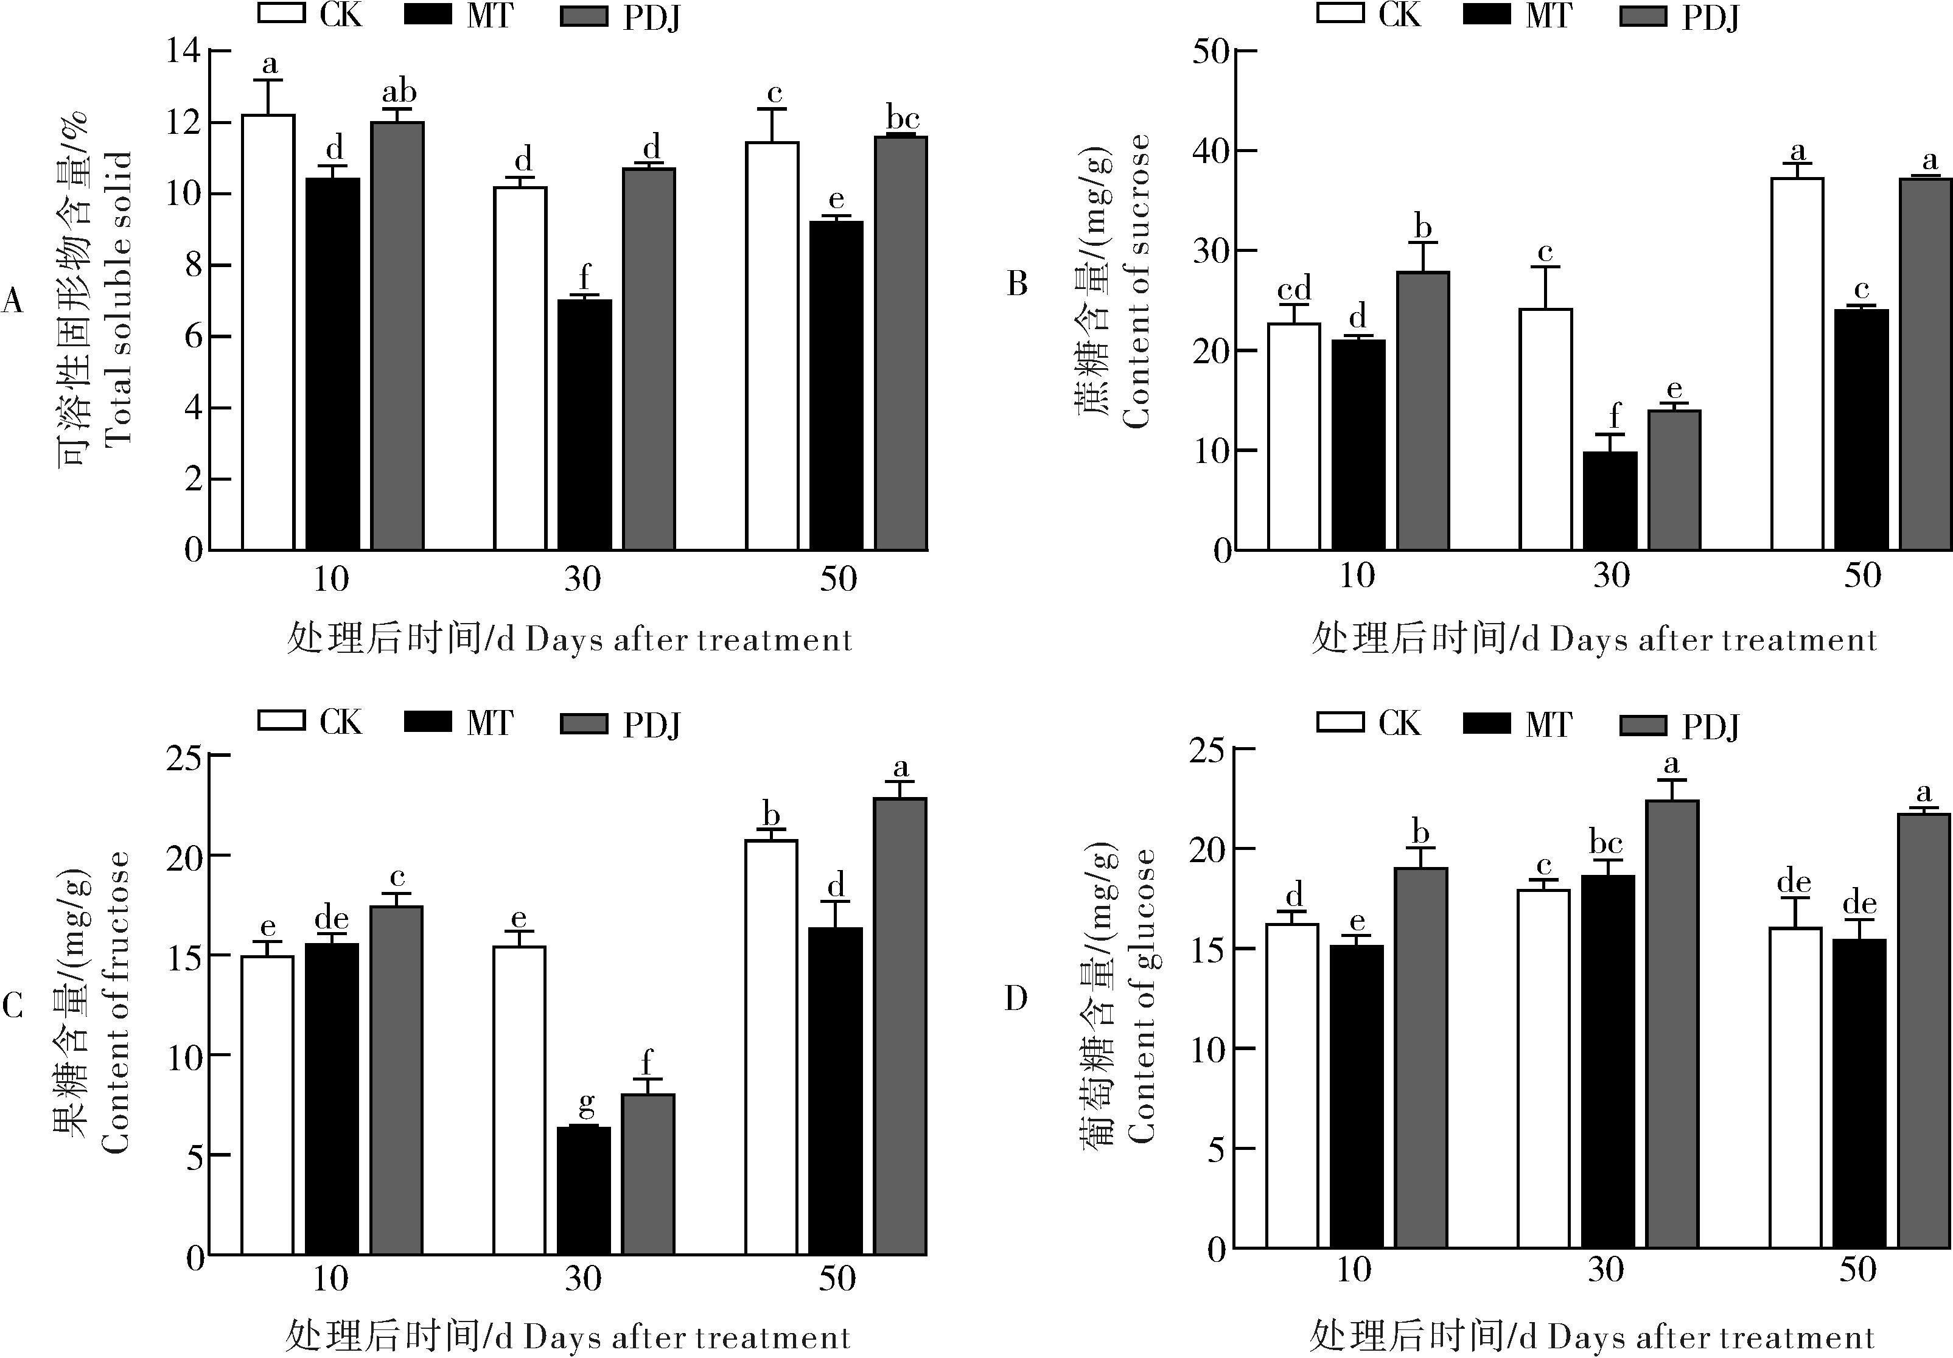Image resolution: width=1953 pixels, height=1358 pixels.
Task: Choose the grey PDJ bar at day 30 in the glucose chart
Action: [1672, 1024]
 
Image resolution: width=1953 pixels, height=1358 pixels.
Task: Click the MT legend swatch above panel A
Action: [427, 15]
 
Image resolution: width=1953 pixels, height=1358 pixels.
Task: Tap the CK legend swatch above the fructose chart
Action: [282, 720]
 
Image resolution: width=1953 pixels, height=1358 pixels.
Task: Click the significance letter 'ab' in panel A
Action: [398, 92]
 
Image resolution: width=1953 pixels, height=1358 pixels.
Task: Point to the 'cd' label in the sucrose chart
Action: [1294, 288]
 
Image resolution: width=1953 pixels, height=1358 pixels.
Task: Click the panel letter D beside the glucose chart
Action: [1016, 998]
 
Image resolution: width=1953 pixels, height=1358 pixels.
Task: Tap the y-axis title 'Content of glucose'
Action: [1142, 995]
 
